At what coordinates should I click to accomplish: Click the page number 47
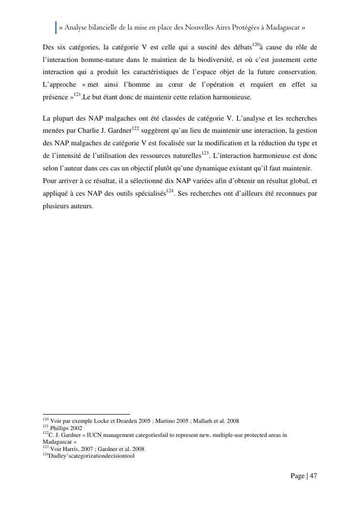(x=313, y=476)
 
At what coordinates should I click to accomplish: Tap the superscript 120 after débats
(x=255, y=45)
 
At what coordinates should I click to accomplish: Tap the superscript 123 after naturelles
(x=205, y=153)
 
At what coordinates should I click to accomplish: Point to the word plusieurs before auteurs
(x=56, y=206)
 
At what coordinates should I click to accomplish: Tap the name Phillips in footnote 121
(x=60, y=428)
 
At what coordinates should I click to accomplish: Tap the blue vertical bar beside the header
(x=56, y=28)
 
